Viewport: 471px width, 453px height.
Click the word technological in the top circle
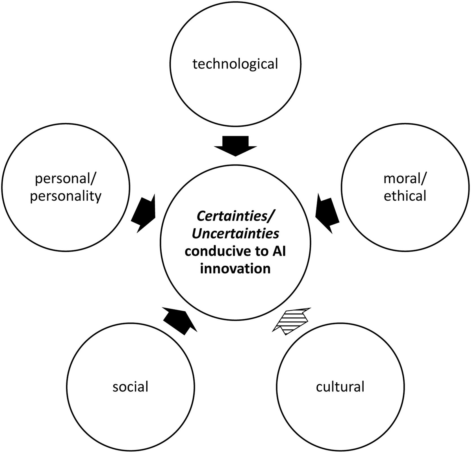(x=235, y=64)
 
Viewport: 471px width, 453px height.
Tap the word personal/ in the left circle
(x=66, y=179)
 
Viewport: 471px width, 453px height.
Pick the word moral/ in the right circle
(x=405, y=179)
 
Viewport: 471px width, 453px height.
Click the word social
(x=130, y=387)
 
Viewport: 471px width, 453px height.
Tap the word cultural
(x=340, y=387)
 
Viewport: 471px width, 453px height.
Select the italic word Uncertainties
(x=235, y=234)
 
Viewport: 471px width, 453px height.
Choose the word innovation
(x=235, y=268)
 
